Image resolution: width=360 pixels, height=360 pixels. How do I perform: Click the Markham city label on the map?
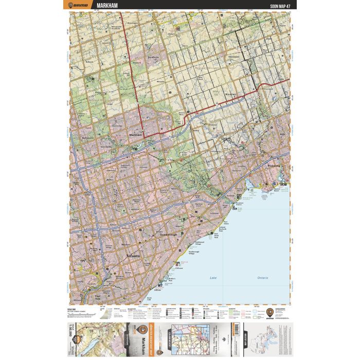tap(135, 134)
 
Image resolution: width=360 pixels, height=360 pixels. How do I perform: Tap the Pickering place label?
tap(273, 166)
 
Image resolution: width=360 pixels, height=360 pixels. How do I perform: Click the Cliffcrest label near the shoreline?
tap(179, 268)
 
